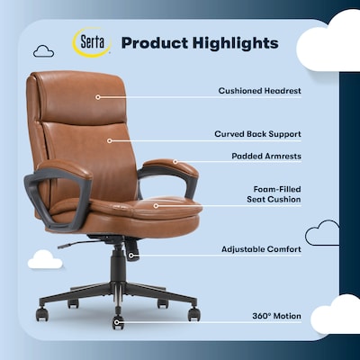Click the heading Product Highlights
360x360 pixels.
click(200, 42)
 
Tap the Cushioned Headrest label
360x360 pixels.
click(259, 90)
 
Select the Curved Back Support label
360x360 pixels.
click(257, 133)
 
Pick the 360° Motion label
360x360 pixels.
click(275, 316)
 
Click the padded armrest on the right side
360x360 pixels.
click(174, 167)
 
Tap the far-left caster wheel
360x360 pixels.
click(40, 314)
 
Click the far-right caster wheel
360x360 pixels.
click(193, 313)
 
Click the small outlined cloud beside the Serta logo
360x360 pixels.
click(43, 51)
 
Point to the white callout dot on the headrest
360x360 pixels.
click(97, 96)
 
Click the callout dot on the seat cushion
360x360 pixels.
click(155, 205)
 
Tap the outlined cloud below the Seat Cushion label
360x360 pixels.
click(322, 235)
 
